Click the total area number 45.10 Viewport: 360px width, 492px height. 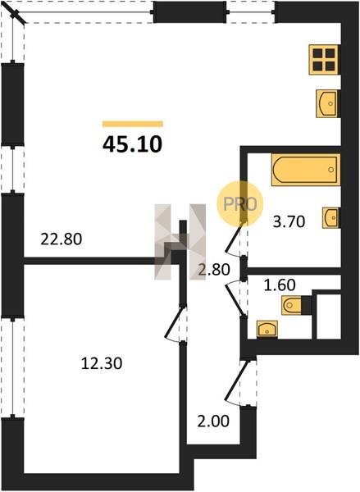coord(132,144)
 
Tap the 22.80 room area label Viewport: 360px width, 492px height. coord(62,239)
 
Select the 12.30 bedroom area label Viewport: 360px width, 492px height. coord(102,363)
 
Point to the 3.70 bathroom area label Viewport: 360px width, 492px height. coord(289,222)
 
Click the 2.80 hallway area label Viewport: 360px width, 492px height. coord(214,270)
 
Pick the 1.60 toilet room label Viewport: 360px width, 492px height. coord(280,285)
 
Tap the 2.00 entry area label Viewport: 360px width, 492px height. coord(213,421)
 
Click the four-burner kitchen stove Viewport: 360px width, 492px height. coord(324,60)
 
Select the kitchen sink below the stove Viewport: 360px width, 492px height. coord(327,104)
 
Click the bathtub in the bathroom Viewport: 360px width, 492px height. coord(306,170)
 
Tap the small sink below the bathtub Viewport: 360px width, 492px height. coord(330,218)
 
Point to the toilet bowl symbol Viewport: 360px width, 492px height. coord(292,305)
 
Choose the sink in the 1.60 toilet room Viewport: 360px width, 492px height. coord(267,330)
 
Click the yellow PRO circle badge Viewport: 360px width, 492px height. coord(240,203)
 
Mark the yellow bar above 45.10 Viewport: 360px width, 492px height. coord(133,124)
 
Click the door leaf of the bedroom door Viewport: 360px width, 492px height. coord(173,322)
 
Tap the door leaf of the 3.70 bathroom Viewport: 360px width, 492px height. coord(234,236)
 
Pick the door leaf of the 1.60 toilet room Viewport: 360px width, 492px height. coord(235,298)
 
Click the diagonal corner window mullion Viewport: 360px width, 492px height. coord(17,15)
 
